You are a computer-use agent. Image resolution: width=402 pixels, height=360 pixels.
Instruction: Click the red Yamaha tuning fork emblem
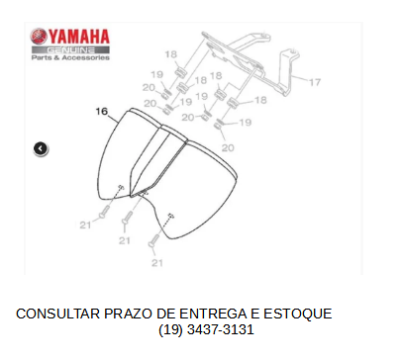[x=39, y=37]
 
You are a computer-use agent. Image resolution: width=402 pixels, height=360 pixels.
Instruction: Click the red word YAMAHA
[x=79, y=37]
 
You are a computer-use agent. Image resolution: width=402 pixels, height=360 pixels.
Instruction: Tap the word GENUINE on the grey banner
[x=70, y=50]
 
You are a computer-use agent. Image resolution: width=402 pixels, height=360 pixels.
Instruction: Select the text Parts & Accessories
[x=70, y=57]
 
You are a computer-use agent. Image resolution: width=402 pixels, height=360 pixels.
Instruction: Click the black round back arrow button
[x=41, y=148]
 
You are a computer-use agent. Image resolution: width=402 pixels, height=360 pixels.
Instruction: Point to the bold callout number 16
[x=102, y=112]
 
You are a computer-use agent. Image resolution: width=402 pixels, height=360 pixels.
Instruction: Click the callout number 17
[x=315, y=82]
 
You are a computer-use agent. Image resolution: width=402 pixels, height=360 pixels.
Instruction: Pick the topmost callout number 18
[x=170, y=54]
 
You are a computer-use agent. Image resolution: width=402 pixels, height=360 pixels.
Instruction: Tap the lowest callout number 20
[x=228, y=147]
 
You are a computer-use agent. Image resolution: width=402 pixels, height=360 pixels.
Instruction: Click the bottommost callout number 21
[x=157, y=263]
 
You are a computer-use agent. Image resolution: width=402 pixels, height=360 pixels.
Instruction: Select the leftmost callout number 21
[x=85, y=225]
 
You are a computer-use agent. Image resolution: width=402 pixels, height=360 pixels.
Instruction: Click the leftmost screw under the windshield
[x=105, y=212]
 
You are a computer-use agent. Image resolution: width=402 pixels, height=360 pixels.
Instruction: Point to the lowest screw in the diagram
[x=154, y=240]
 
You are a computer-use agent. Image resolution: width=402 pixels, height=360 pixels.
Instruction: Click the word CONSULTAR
[x=58, y=314]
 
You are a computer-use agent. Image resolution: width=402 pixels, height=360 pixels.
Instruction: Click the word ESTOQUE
[x=297, y=314]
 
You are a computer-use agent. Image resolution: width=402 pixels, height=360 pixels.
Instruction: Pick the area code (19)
[x=170, y=329]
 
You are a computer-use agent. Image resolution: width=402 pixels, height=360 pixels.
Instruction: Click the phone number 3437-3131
[x=221, y=329]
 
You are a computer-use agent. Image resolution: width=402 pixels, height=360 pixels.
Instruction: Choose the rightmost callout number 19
[x=246, y=123]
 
